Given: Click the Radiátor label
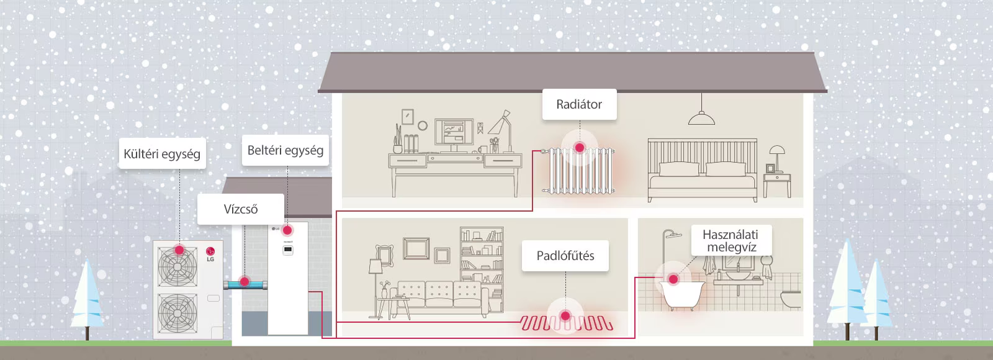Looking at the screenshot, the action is click(x=579, y=104).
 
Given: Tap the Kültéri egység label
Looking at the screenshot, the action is click(x=162, y=153).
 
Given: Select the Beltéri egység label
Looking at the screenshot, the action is click(x=285, y=150).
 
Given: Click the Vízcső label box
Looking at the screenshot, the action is click(x=240, y=209).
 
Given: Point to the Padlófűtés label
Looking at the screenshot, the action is click(x=565, y=255).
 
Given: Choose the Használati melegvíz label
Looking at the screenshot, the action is click(x=731, y=240).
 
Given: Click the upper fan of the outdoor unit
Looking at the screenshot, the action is click(x=177, y=266).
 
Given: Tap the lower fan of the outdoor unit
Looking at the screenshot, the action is click(x=177, y=313).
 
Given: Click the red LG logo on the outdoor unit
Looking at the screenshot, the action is click(x=210, y=252).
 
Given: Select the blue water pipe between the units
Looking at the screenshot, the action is click(x=245, y=284).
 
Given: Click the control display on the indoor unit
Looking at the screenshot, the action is click(x=288, y=250).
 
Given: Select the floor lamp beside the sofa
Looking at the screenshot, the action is click(x=375, y=288).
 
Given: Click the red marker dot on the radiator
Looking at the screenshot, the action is click(x=580, y=148).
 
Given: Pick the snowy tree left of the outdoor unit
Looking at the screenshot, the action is click(x=87, y=300).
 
